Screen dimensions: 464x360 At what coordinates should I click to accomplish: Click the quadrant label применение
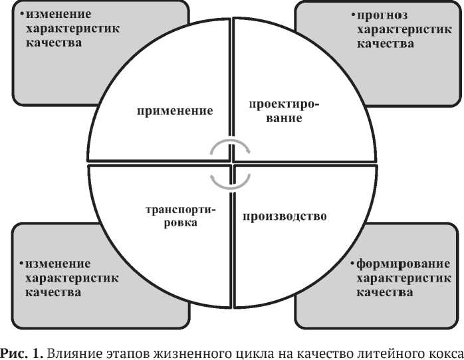(x=175, y=110)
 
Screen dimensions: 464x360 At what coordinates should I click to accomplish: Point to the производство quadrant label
(x=285, y=216)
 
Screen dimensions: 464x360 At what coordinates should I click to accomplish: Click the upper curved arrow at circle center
(x=230, y=147)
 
